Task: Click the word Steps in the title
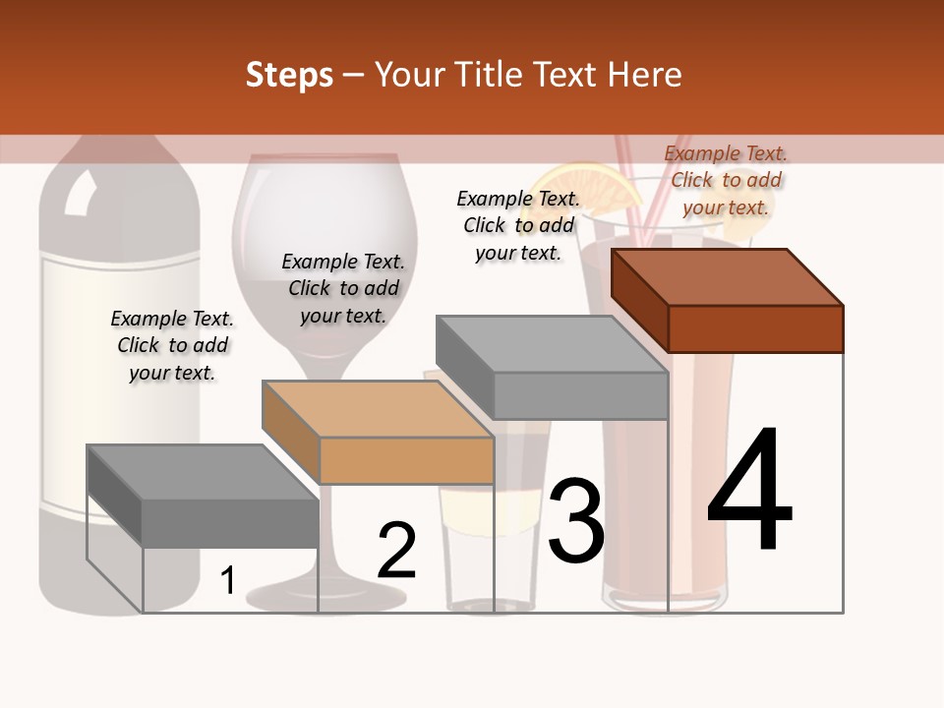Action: tap(289, 75)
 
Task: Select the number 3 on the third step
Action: tap(576, 520)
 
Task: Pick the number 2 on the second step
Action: tap(396, 551)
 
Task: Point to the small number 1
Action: tap(228, 581)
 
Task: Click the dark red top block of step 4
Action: tap(728, 300)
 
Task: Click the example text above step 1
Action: tap(172, 345)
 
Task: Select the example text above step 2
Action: tap(343, 288)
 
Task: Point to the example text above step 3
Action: tap(518, 225)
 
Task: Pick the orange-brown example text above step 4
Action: tap(726, 180)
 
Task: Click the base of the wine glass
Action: tap(325, 595)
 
